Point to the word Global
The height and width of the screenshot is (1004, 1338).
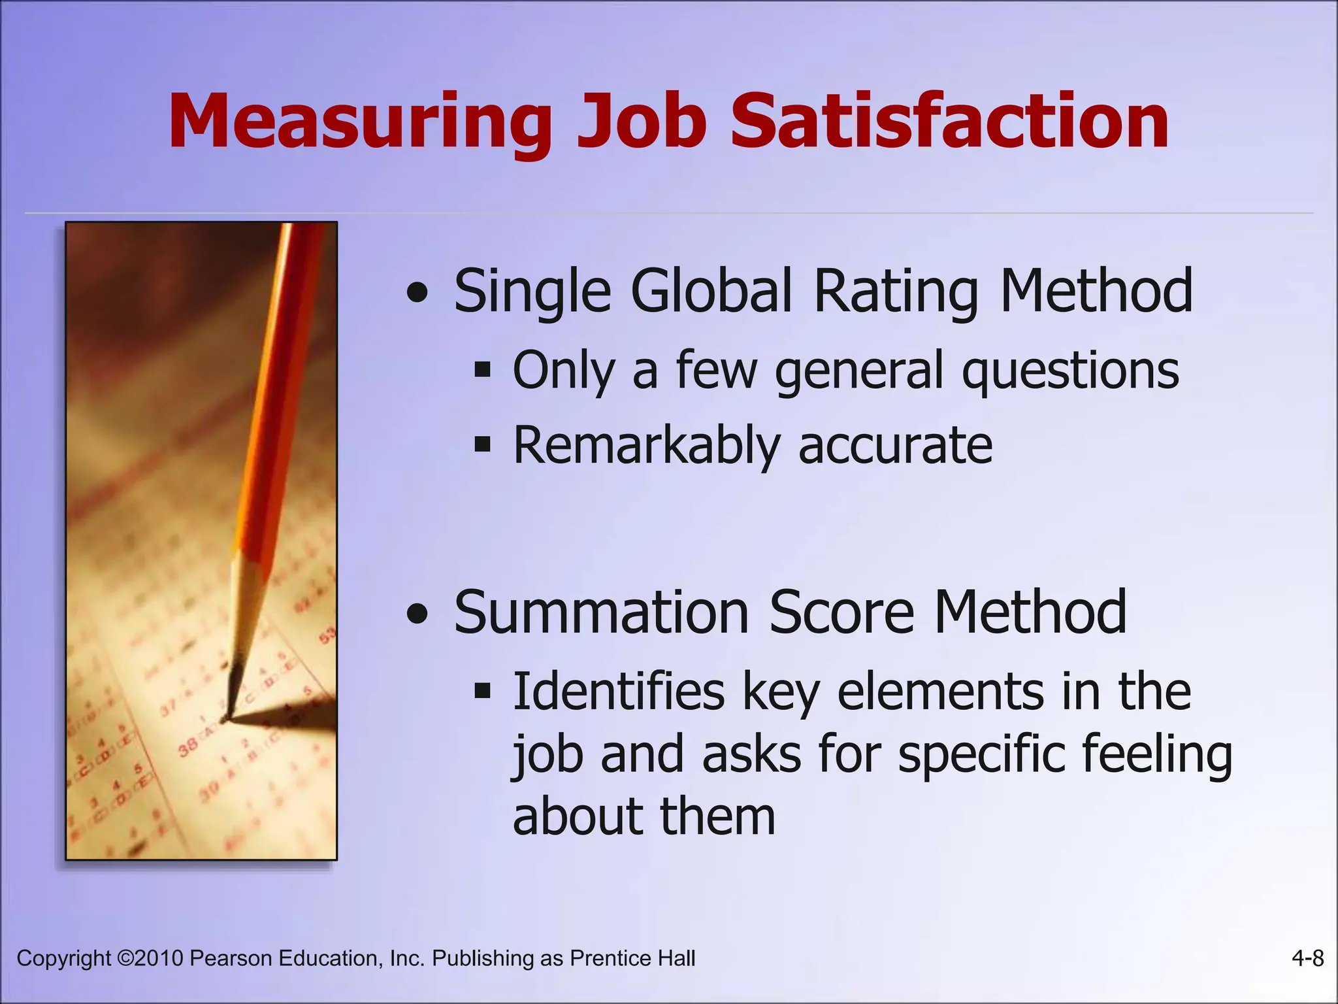click(x=711, y=291)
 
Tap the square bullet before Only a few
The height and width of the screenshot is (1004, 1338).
click(x=482, y=371)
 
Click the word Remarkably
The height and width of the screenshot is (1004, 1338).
click(x=647, y=446)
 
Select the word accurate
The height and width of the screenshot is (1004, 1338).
click(x=895, y=446)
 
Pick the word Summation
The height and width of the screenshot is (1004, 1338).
click(x=601, y=612)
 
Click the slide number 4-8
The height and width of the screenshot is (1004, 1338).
click(x=1307, y=958)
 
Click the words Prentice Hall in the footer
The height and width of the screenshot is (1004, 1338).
click(x=632, y=958)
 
